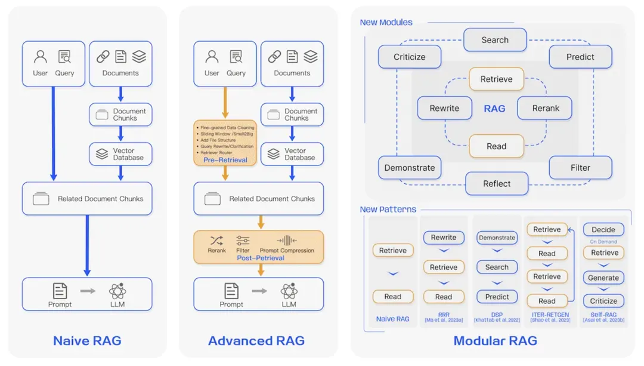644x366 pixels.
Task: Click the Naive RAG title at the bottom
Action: click(87, 341)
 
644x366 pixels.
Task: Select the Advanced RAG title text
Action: click(256, 341)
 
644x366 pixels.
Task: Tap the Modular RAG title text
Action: click(495, 341)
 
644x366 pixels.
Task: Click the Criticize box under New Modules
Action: click(410, 57)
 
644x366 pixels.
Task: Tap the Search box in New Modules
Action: click(495, 40)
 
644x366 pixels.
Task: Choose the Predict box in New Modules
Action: click(580, 57)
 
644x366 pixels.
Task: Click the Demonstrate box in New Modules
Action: click(410, 168)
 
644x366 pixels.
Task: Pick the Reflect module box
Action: click(497, 184)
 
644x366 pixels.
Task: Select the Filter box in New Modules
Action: click(580, 168)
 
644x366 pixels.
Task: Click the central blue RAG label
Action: click(494, 109)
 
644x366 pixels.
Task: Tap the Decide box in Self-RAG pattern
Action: click(603, 229)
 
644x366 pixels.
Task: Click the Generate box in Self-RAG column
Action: click(603, 278)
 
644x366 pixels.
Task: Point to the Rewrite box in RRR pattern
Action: click(444, 237)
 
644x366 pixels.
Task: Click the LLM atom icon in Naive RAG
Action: click(117, 291)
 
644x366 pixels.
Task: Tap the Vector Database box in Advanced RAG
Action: click(292, 154)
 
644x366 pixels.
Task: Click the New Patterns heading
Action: click(388, 210)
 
